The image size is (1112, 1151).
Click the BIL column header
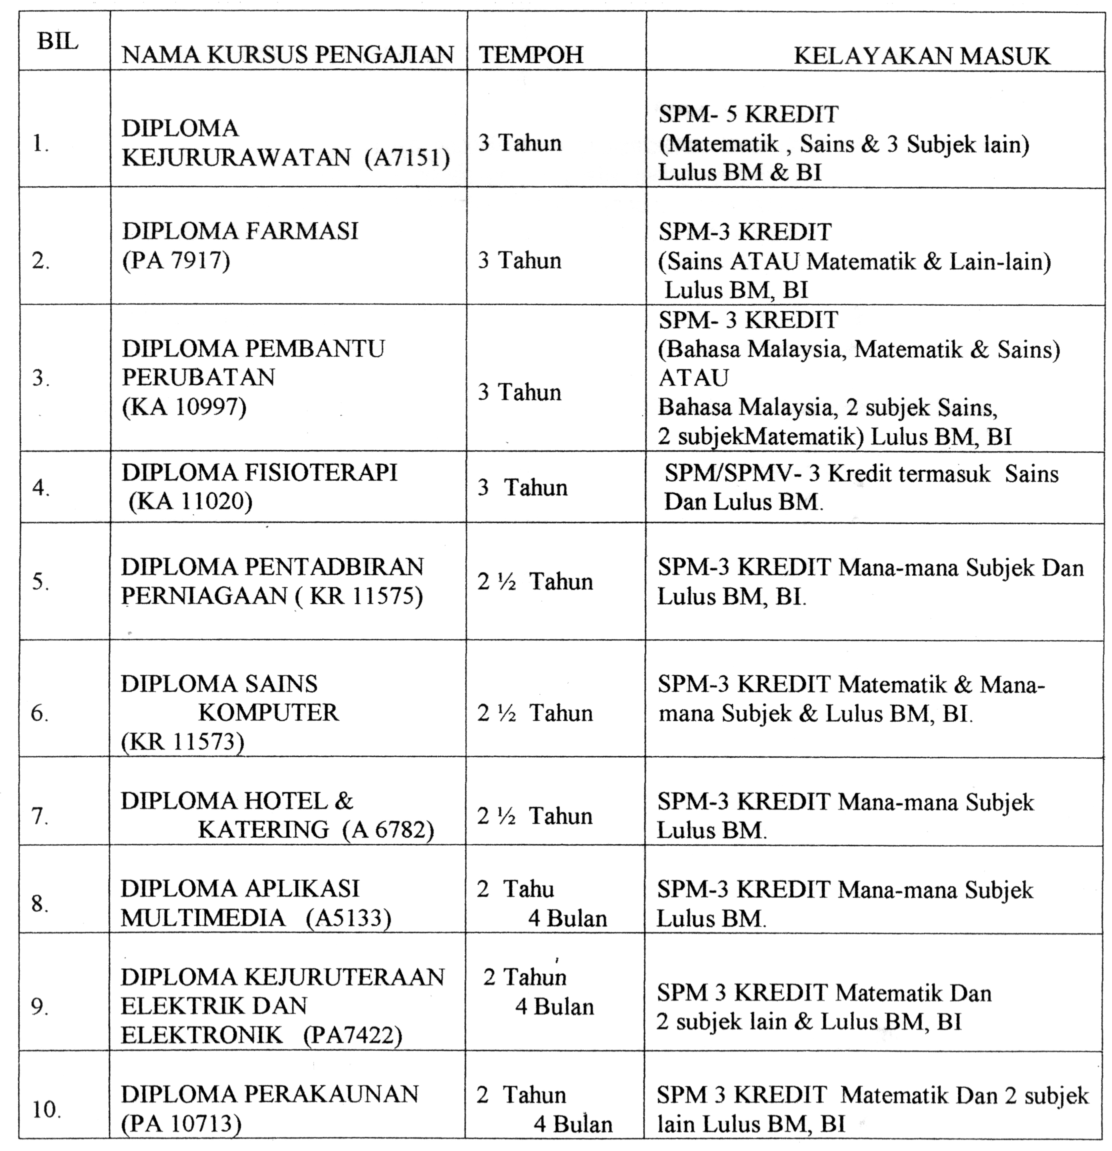click(x=58, y=42)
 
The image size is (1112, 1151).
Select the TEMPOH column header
click(x=531, y=55)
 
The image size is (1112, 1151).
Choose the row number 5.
click(x=40, y=582)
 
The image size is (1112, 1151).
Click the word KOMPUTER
click(x=268, y=712)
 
